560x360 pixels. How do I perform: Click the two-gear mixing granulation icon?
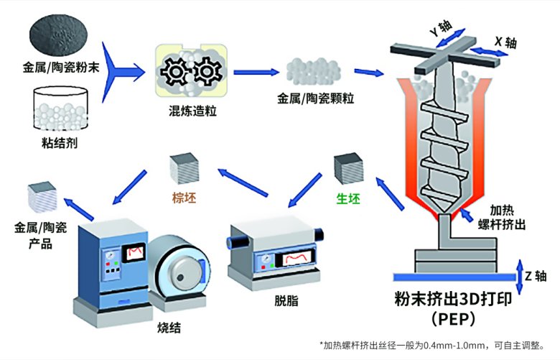pyautogui.click(x=190, y=72)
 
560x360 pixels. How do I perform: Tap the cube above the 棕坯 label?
pyautogui.click(x=182, y=169)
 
